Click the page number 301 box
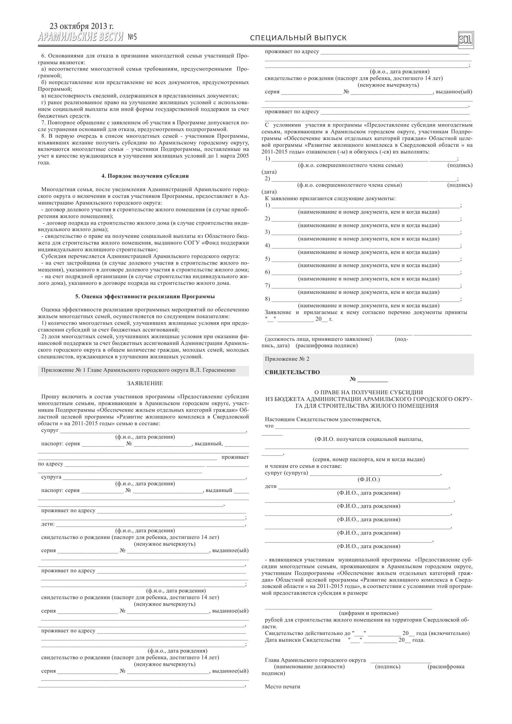466,40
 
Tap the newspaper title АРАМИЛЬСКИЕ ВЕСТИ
81,38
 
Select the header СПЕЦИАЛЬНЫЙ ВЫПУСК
298,38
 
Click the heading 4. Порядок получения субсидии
145,176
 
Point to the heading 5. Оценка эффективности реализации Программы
145,296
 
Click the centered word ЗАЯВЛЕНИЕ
145,383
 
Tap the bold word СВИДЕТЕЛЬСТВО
292,372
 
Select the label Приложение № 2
287,359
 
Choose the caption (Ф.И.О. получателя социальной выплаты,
368,439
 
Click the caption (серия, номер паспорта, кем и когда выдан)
368,459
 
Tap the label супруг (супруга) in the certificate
286,473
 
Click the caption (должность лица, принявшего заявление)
318,339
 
